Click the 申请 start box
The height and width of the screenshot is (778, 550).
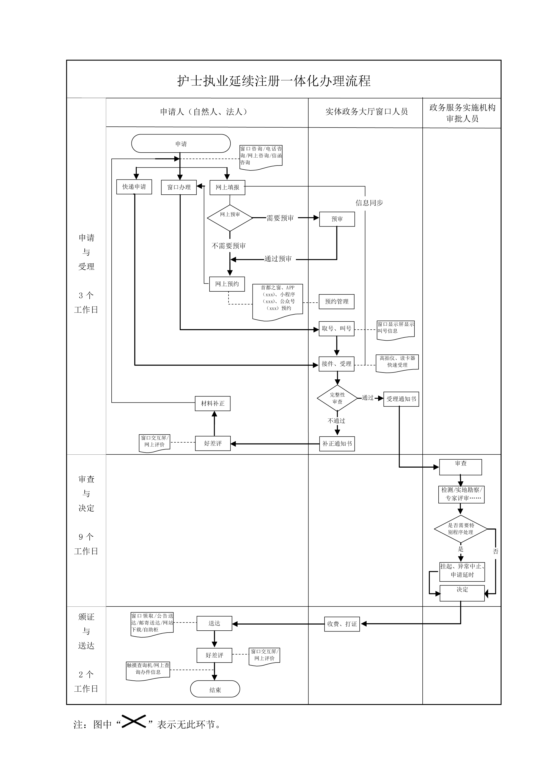181,144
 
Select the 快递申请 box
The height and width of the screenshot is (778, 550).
134,187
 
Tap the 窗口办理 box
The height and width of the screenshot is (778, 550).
179,187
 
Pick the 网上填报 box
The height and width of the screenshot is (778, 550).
227,187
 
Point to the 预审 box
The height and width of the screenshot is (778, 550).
337,219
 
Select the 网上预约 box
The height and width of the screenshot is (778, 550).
227,284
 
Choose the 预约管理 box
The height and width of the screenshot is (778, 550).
337,302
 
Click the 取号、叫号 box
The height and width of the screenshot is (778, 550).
337,329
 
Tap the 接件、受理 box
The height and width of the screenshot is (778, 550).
337,364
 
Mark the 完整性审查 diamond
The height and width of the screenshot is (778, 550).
337,398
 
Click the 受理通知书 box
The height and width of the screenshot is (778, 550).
401,399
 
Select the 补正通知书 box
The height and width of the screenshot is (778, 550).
337,444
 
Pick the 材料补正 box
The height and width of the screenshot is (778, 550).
213,404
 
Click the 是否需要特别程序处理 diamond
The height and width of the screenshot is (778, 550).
461,529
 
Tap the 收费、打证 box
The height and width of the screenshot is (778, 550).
342,624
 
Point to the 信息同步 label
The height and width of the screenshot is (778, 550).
369,203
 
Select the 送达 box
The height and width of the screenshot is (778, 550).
214,623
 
